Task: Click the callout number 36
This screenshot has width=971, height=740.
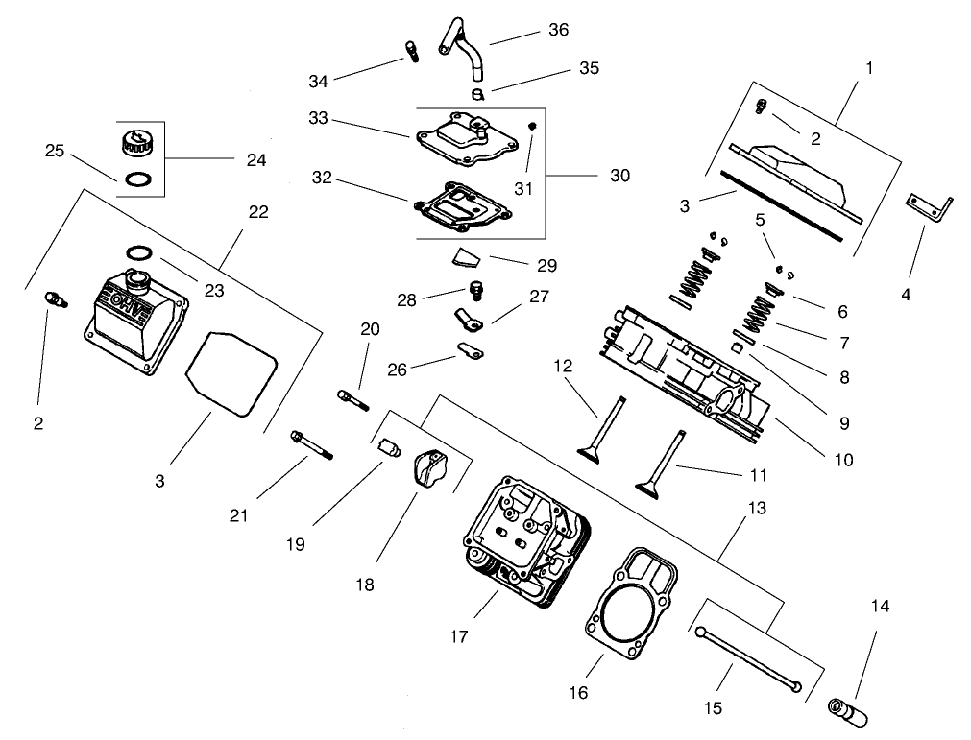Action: tap(558, 30)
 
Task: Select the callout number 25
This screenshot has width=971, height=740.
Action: tap(56, 151)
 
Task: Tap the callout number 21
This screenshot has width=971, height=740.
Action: tap(238, 515)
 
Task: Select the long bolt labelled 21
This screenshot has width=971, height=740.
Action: tap(311, 445)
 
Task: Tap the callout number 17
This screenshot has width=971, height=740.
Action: tap(460, 636)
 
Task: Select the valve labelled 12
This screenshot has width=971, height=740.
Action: tap(605, 429)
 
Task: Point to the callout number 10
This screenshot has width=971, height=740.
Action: tap(842, 460)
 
